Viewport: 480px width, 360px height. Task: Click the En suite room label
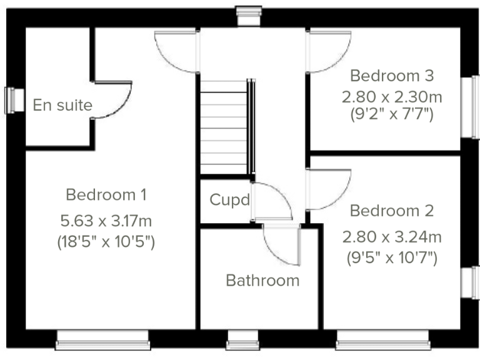pyautogui.click(x=62, y=105)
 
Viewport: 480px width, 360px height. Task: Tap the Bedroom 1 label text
pyautogui.click(x=106, y=194)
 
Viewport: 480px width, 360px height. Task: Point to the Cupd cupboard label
pyautogui.click(x=229, y=201)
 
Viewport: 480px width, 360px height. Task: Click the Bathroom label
pyautogui.click(x=262, y=281)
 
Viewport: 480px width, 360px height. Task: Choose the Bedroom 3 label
pyautogui.click(x=392, y=76)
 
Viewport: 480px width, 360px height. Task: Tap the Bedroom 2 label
pyautogui.click(x=392, y=211)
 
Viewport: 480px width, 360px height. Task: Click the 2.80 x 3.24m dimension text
pyautogui.click(x=392, y=237)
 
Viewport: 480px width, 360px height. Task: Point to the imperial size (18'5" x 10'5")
pyautogui.click(x=106, y=241)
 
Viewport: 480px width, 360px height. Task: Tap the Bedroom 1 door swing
pyautogui.click(x=177, y=52)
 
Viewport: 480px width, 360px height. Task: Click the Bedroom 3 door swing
pyautogui.click(x=327, y=52)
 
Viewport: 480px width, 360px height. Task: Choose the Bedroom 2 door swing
pyautogui.click(x=327, y=189)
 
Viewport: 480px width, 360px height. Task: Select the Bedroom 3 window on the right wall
pyautogui.click(x=467, y=107)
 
